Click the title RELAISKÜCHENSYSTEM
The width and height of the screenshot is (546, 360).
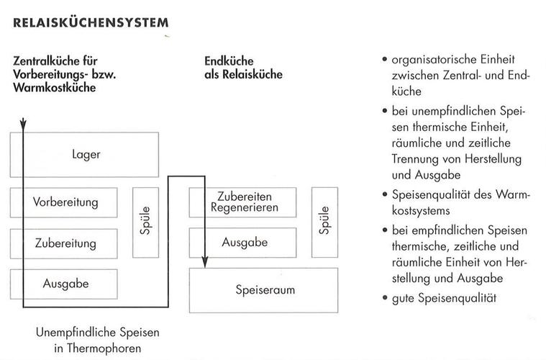(91, 23)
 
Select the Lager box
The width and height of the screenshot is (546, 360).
(86, 154)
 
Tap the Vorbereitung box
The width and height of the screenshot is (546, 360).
(65, 202)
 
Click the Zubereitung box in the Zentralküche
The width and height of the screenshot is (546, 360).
(65, 243)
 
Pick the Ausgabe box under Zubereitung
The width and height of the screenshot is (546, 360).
(65, 284)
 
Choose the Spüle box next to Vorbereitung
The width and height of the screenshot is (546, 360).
(146, 222)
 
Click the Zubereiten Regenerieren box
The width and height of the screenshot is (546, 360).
(242, 202)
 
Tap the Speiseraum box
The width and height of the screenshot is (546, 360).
(263, 290)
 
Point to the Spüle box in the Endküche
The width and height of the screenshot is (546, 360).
(324, 222)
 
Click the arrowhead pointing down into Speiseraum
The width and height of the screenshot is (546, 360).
(206, 262)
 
